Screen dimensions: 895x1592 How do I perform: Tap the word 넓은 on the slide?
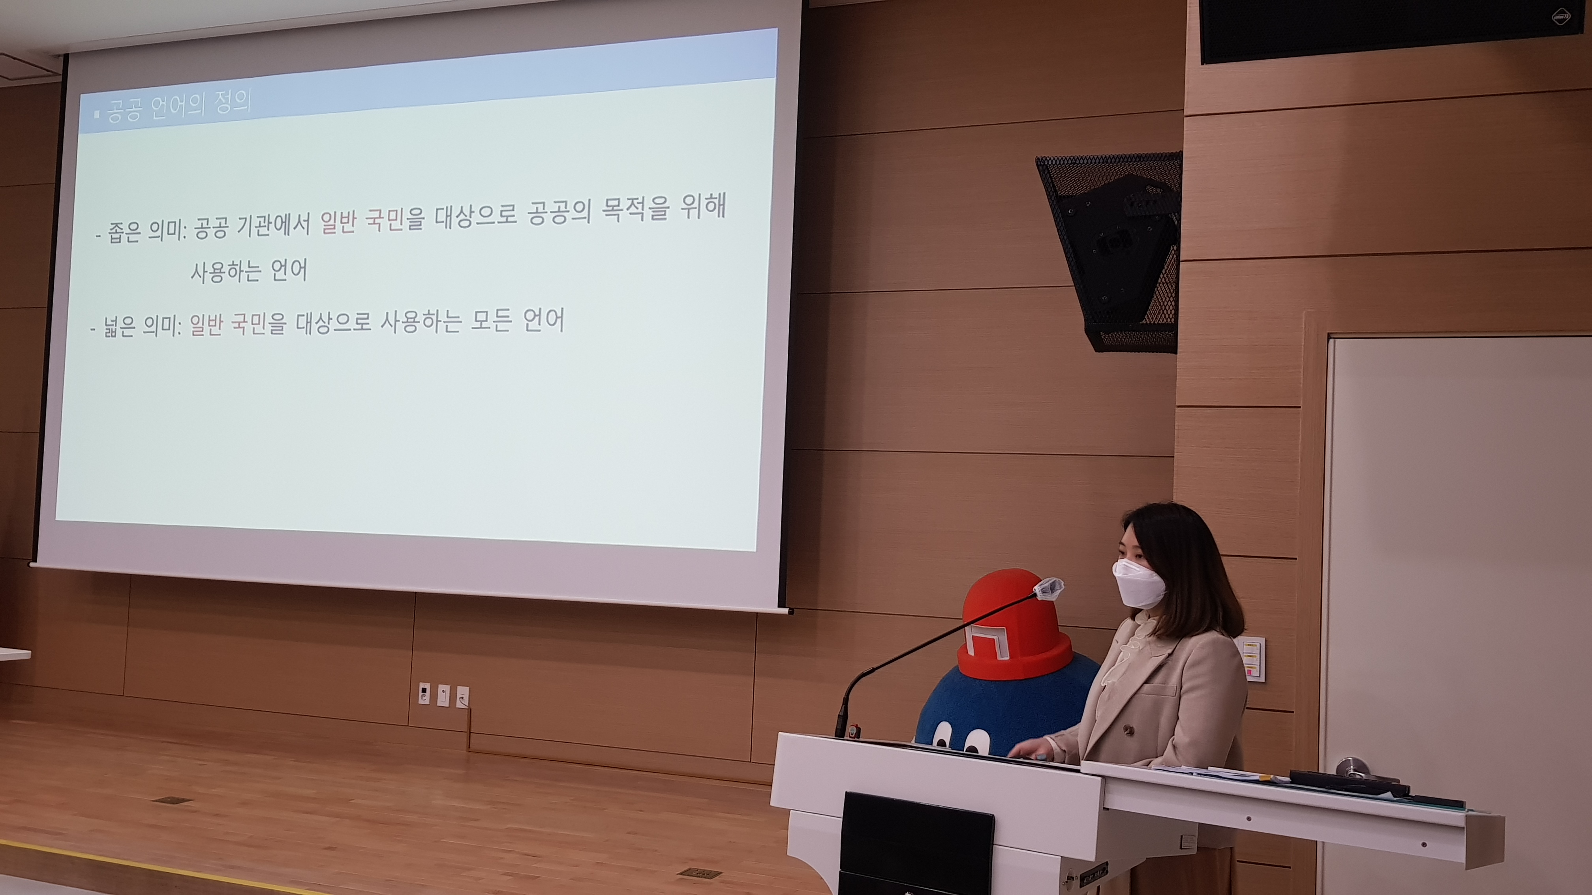(119, 326)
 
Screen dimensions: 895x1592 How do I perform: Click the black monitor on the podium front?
(915, 844)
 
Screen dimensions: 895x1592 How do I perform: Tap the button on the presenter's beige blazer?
(1128, 730)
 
